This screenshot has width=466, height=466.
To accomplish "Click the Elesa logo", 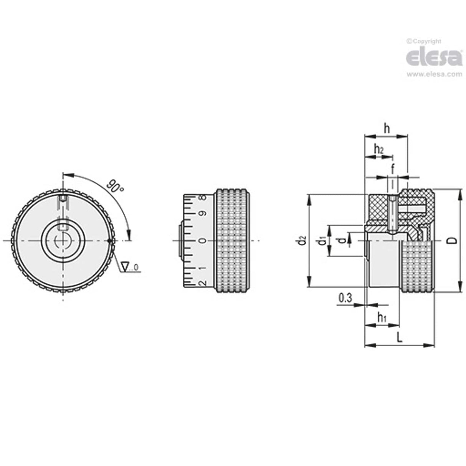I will coord(434,58).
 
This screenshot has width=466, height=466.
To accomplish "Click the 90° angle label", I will coord(116,187).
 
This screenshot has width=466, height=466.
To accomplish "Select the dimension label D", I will coord(453,241).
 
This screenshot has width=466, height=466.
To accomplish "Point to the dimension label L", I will coord(399,338).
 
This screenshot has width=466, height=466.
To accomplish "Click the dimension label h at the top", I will coord(387,129).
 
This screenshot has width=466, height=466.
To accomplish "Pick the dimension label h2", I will coord(378,149).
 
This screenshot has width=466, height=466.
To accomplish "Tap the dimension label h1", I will coord(382,318).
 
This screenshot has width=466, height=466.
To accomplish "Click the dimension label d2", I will coord(302,241).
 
